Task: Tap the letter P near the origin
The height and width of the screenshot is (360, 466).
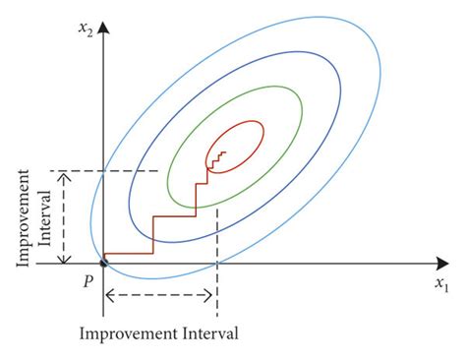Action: click(x=87, y=279)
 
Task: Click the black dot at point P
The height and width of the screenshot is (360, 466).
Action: click(x=104, y=263)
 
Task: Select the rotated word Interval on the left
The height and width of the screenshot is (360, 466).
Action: click(x=45, y=216)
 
